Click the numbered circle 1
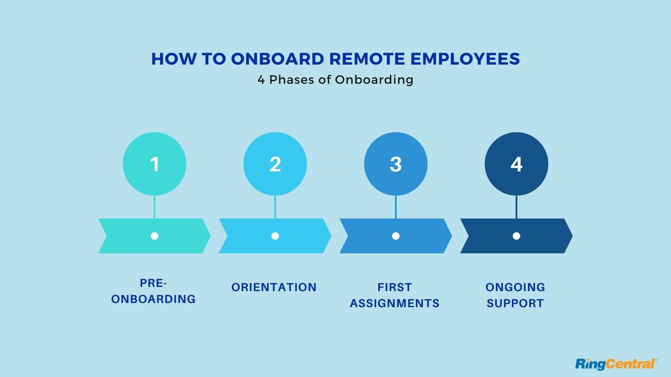coord(154,164)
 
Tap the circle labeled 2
coord(275,164)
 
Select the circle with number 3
coord(396,164)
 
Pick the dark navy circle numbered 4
coord(516,164)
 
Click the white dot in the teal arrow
coord(154,236)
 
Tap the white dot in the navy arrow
coord(516,236)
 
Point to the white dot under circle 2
coord(275,236)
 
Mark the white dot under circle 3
coord(396,236)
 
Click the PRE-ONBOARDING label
coord(153,291)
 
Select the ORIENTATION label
coord(274,287)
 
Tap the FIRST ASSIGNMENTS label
coord(395,295)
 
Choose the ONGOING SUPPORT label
coord(515,295)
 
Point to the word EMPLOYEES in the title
coord(465,59)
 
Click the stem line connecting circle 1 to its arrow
coord(154,207)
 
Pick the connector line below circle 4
coord(516,207)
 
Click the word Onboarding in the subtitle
coord(374,80)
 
